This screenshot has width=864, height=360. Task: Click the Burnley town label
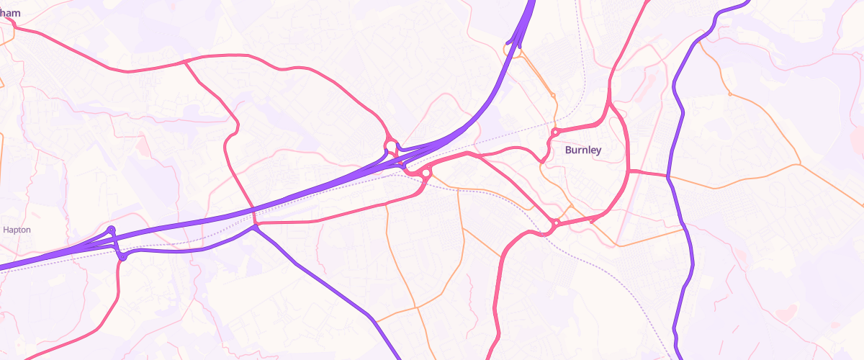pyautogui.click(x=582, y=150)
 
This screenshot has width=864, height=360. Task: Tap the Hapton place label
pyautogui.click(x=17, y=230)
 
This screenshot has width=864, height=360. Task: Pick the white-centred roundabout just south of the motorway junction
pyautogui.click(x=426, y=173)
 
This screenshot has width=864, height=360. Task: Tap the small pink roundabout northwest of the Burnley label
pyautogui.click(x=556, y=132)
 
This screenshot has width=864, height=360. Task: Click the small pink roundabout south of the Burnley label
pyautogui.click(x=557, y=223)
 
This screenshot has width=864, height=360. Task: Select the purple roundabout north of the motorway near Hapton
pyautogui.click(x=111, y=230)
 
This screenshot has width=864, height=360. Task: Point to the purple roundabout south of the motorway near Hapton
pyautogui.click(x=122, y=256)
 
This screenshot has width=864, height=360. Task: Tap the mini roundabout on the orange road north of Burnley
pyautogui.click(x=553, y=95)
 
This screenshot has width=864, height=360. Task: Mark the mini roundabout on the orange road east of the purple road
pyautogui.click(x=730, y=94)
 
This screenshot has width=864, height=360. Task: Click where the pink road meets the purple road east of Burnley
pyautogui.click(x=668, y=176)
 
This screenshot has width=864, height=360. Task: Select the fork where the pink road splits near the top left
pyautogui.click(x=186, y=62)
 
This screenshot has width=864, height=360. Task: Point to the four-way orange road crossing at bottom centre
pyautogui.click(x=417, y=308)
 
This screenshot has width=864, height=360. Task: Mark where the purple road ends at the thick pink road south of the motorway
pyautogui.click(x=256, y=227)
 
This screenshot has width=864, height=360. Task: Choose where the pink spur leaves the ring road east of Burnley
pyautogui.click(x=629, y=171)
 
